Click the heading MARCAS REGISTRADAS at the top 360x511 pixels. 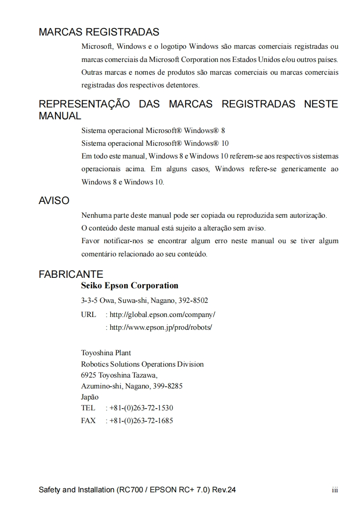[x=99, y=32]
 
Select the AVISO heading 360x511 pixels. [x=54, y=201]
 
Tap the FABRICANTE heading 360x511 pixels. [x=71, y=275]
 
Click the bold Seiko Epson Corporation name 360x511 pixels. [x=130, y=286]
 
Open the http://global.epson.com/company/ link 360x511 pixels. [x=162, y=315]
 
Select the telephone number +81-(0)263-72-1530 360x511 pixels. [x=142, y=408]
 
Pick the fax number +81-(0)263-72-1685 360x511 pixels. [x=142, y=421]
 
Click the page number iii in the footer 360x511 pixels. [x=335, y=491]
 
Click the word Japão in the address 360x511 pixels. [x=90, y=397]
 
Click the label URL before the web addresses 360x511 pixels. [x=88, y=315]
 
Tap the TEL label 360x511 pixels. [x=88, y=408]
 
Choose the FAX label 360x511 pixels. [x=88, y=421]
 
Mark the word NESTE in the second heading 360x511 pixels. [x=320, y=104]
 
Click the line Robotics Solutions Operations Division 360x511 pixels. [x=142, y=364]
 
